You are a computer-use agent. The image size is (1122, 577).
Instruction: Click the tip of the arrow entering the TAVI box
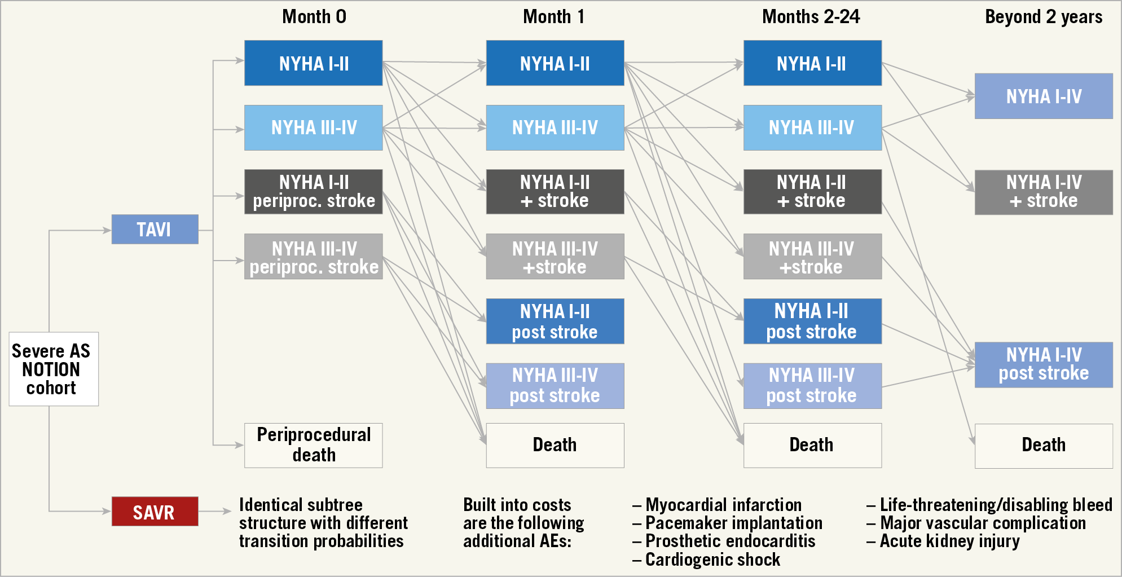click(x=111, y=230)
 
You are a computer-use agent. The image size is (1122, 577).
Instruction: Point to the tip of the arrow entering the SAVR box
click(x=111, y=511)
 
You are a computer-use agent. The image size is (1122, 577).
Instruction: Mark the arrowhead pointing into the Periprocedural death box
click(x=244, y=445)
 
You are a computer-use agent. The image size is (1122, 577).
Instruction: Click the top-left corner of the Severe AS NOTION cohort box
click(x=10, y=332)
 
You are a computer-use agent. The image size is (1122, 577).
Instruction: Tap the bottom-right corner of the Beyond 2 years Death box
click(x=1112, y=468)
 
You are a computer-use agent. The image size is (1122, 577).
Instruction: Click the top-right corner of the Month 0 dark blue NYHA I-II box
click(x=382, y=41)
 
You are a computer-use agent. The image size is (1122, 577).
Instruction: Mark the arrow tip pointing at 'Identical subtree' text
click(x=231, y=511)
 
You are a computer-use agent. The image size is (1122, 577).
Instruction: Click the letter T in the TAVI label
click(x=141, y=230)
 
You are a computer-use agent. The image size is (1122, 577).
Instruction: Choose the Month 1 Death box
click(x=555, y=445)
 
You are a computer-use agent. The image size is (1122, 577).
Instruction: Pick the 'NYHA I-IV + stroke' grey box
click(x=1044, y=192)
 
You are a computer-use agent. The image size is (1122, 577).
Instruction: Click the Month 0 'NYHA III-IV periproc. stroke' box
click(x=314, y=257)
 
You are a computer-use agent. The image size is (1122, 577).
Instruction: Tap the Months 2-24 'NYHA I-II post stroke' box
click(x=812, y=321)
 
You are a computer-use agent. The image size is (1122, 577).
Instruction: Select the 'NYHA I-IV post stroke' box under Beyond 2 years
click(x=1044, y=364)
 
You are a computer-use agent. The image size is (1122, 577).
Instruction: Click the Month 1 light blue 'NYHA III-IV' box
click(x=555, y=127)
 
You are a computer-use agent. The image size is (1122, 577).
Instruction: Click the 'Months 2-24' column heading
click(x=811, y=17)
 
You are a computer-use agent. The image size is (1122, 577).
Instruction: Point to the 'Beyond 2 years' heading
click(x=1044, y=17)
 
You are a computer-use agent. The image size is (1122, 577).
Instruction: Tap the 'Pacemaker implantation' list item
click(x=728, y=523)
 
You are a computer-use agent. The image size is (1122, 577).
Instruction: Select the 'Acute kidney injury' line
click(x=943, y=541)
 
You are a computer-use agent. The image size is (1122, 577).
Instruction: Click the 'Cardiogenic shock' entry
click(x=707, y=560)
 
